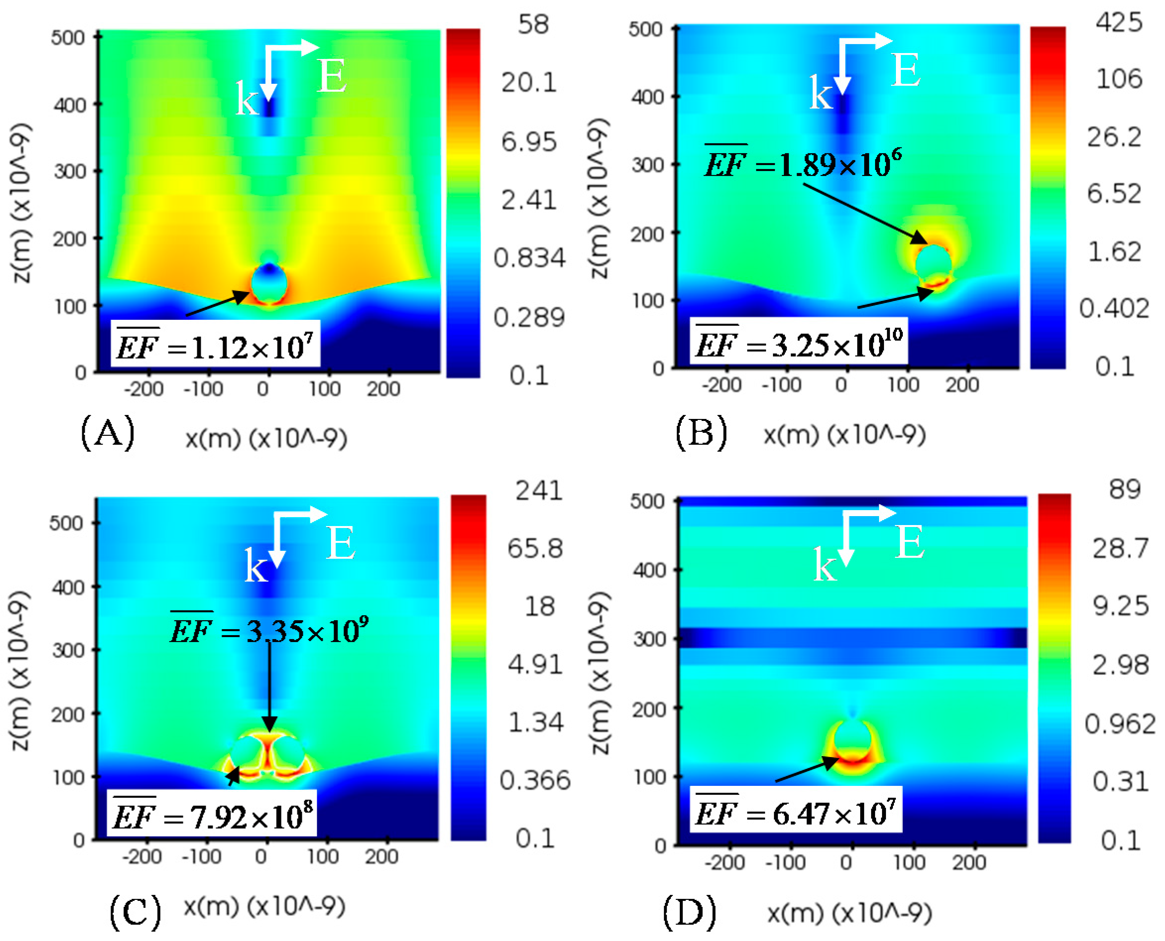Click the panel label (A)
[x=108, y=432]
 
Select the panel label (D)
[x=689, y=912]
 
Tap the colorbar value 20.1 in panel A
[x=529, y=82]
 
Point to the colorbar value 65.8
[x=535, y=548]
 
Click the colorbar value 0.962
[x=1120, y=725]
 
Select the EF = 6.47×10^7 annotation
[x=796, y=813]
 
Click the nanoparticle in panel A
[x=269, y=283]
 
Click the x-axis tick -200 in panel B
[x=721, y=385]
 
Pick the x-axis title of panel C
[x=265, y=906]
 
